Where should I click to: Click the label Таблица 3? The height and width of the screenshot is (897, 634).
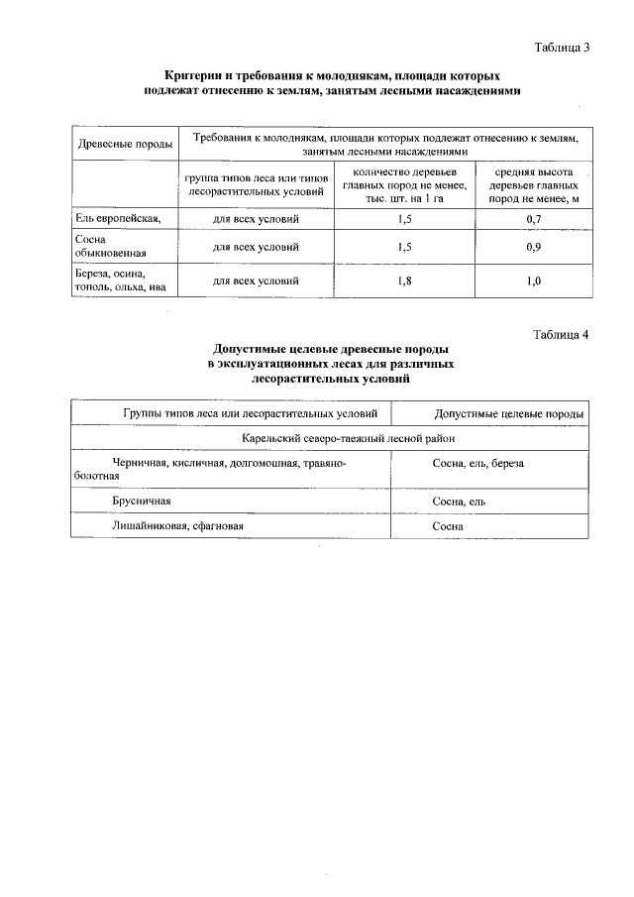tap(562, 47)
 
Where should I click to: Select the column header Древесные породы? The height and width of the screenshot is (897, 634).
tap(125, 146)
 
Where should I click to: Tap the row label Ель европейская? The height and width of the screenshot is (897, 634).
tap(112, 217)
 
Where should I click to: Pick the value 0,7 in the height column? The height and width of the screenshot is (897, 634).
tap(534, 217)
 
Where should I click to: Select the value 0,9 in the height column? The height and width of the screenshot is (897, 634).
tap(534, 246)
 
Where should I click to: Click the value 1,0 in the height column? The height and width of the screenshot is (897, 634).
tap(534, 280)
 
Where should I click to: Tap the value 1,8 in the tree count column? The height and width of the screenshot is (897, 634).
tap(403, 280)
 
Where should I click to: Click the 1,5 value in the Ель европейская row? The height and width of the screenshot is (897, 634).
tap(403, 217)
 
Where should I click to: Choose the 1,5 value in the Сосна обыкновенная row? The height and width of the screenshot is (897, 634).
tap(403, 246)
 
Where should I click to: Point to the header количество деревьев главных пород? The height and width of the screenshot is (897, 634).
tap(403, 184)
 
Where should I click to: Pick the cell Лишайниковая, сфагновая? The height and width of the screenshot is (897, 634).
tap(177, 526)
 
